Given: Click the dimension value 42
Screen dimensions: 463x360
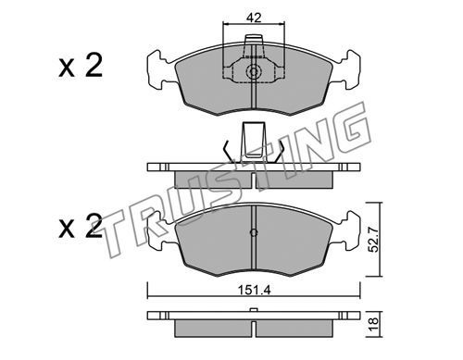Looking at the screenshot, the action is tap(254, 18).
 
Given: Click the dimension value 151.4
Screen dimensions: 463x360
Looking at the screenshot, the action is tap(254, 291).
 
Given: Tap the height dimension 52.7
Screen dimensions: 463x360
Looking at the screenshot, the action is tap(374, 240).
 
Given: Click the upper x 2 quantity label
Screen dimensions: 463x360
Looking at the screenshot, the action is tap(81, 66).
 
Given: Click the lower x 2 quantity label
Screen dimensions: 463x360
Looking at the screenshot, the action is tap(81, 227).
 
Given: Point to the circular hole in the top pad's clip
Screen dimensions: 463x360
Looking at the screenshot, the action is tap(254, 72).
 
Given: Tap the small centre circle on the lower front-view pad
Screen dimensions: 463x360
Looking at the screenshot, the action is tap(254, 232).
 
